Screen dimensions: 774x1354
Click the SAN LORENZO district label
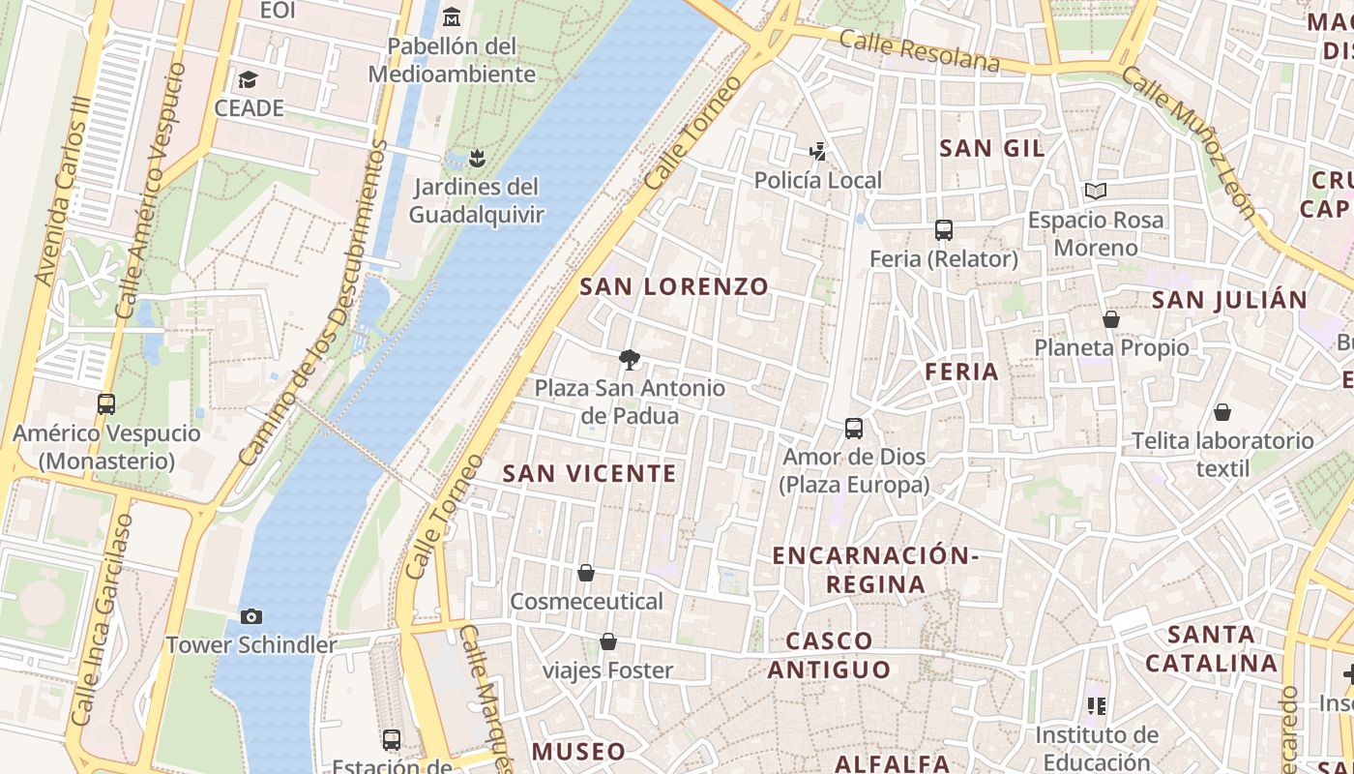point(674,286)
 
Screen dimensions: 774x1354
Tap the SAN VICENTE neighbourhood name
point(589,473)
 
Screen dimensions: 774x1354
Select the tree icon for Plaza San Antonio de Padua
point(630,360)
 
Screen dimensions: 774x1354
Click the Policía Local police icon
point(818,151)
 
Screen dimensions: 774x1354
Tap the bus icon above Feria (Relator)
point(944,230)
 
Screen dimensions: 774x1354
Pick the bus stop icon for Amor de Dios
point(854,428)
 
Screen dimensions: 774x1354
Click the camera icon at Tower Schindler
point(251,616)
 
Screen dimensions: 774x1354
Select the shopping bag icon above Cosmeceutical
point(586,573)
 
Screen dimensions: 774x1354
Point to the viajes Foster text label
point(607,670)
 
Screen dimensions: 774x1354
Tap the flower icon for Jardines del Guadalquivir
point(476,157)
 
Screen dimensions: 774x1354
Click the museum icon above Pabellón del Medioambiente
point(451,17)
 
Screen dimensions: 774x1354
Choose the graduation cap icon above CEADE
point(249,79)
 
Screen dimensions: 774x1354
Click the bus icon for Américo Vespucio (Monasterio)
point(106,404)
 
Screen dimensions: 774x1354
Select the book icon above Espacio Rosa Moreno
point(1095,191)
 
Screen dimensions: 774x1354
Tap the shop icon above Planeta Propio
point(1111,319)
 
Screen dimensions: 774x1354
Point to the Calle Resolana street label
point(919,50)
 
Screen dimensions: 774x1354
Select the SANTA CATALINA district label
point(1211,648)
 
